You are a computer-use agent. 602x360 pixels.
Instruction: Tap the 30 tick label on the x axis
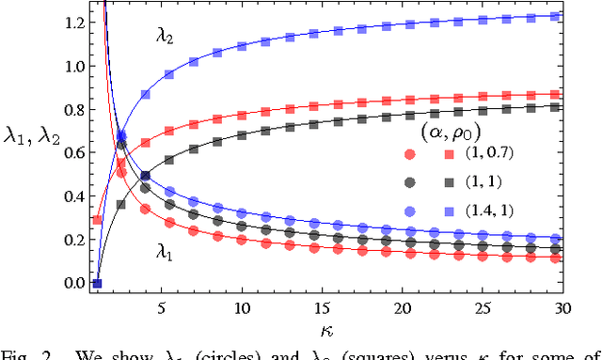click(x=562, y=307)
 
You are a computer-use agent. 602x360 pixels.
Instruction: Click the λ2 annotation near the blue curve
click(x=166, y=37)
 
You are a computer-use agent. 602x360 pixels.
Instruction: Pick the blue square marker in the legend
click(x=456, y=211)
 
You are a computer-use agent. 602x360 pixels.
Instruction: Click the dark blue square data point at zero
click(x=97, y=283)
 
